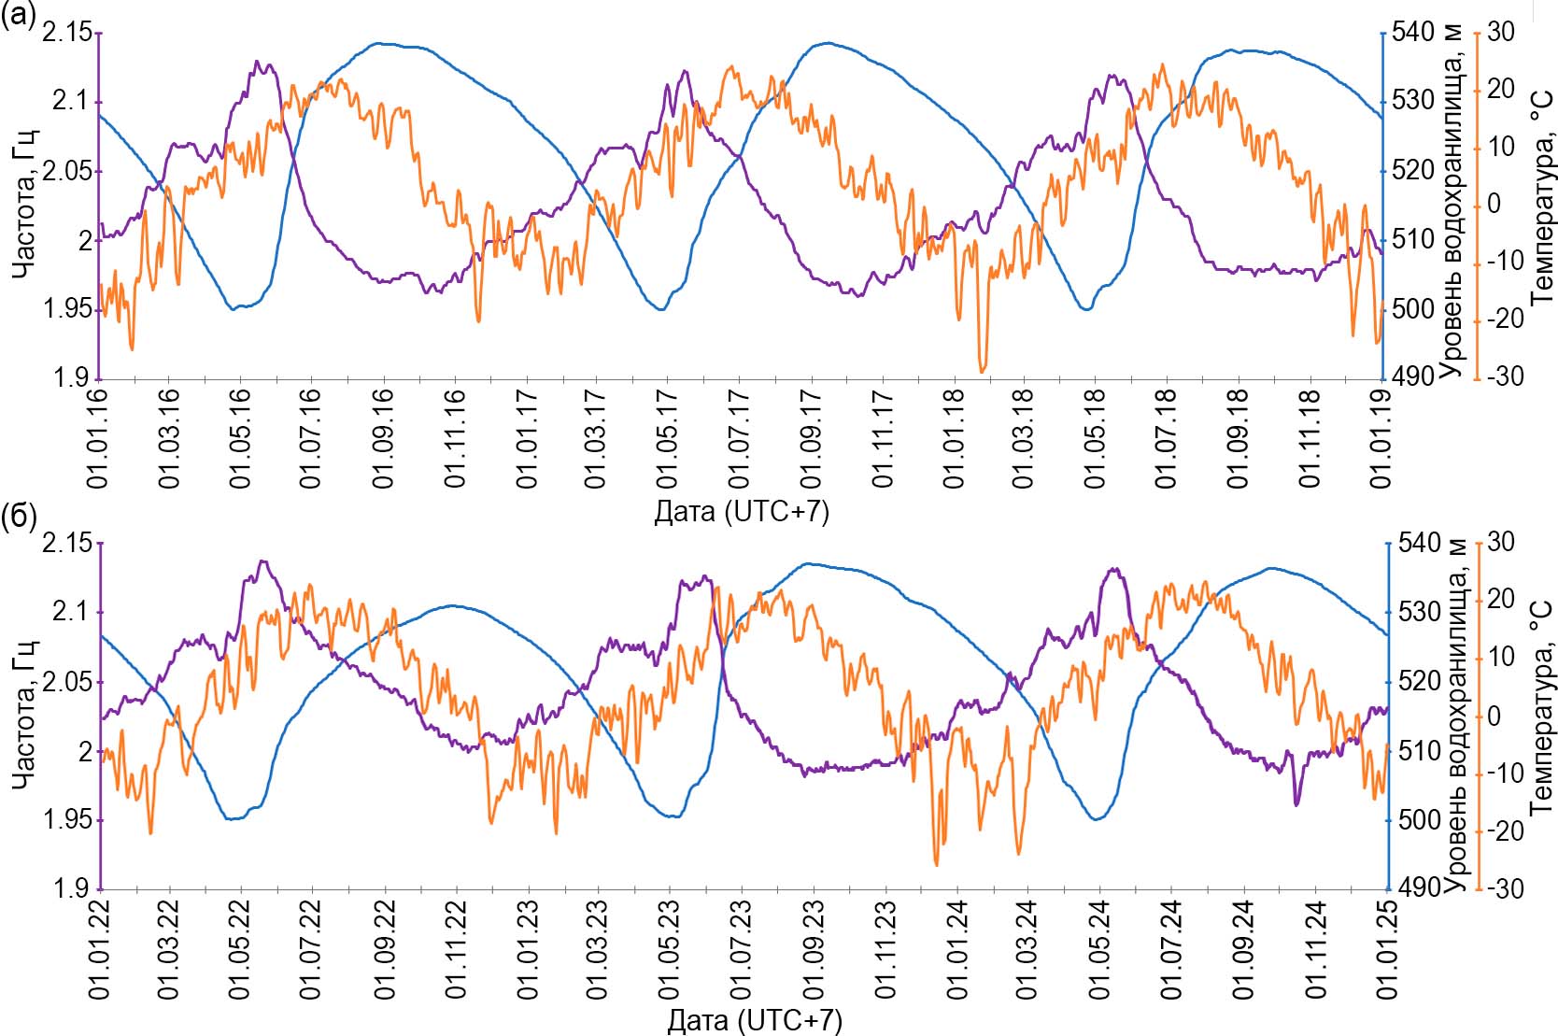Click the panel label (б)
19,517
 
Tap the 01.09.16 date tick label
384,437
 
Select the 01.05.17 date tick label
667,437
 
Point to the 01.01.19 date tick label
1381,437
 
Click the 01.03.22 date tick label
169,948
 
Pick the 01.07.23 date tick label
740,948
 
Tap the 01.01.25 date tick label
1386,948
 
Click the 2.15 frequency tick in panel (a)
67,33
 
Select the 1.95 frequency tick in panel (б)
67,820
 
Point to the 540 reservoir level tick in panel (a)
1412,33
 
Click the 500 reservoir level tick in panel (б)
1418,820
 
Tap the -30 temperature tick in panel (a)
1505,376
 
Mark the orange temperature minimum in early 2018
982,371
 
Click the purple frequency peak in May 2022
262,561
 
